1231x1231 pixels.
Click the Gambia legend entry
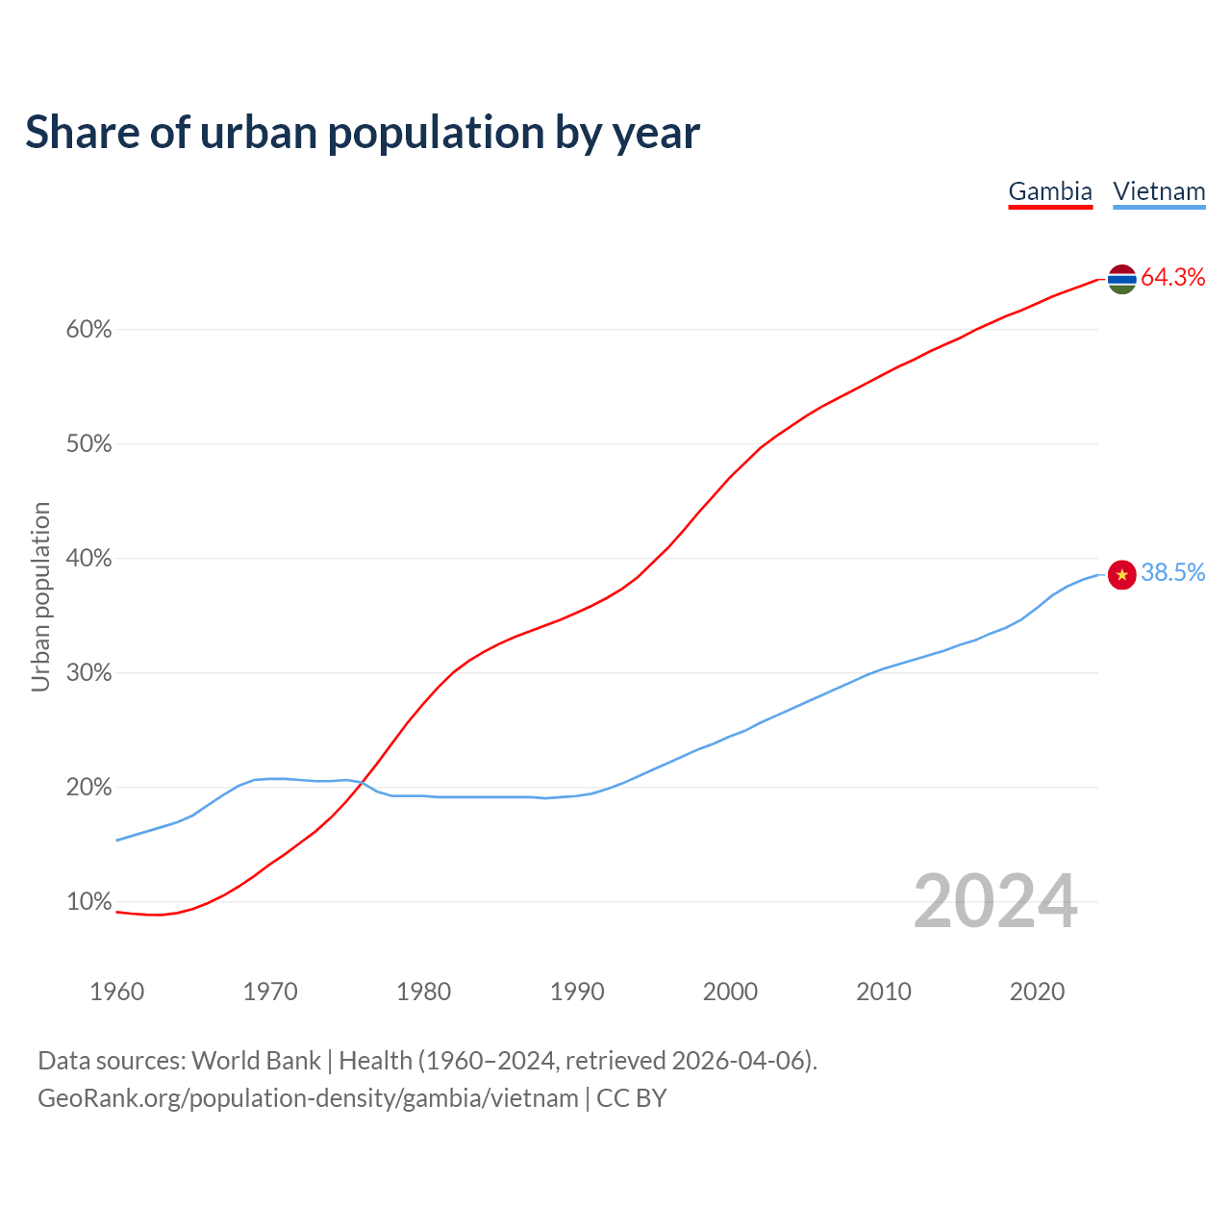pos(1050,191)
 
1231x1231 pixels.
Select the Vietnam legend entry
pos(1159,191)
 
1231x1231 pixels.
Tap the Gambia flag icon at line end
pos(1121,279)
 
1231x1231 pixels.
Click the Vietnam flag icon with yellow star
pos(1121,574)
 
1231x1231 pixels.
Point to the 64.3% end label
pos(1172,278)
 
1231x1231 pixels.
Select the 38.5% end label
pos(1172,573)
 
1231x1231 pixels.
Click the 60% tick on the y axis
pos(88,330)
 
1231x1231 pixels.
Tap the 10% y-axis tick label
pos(88,902)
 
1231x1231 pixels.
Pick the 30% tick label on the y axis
pos(88,673)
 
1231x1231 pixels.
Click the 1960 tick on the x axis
pos(116,992)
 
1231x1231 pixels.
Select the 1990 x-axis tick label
pos(577,992)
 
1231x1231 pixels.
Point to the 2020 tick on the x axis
pos(1037,992)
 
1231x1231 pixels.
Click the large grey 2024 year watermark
pos(994,901)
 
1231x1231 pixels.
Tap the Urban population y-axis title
pos(40,596)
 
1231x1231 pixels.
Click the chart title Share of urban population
pos(363,133)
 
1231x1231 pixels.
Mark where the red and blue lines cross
pos(362,784)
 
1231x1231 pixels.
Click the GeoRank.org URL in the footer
pos(308,1098)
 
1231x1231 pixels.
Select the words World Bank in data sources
pos(256,1061)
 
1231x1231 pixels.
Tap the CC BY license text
pos(632,1098)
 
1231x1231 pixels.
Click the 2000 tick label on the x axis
pos(730,992)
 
